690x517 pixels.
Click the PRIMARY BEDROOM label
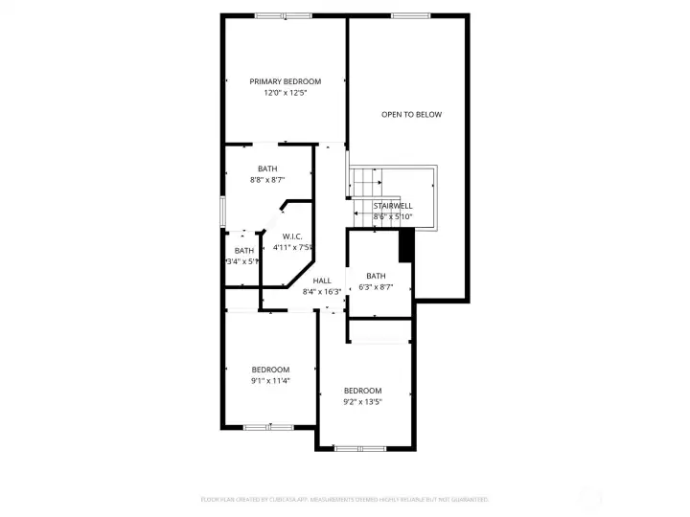coord(285,81)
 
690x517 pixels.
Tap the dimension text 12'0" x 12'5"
coord(285,93)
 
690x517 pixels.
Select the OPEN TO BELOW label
coord(411,115)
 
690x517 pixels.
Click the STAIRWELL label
coord(393,206)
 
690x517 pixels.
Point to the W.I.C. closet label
coord(292,236)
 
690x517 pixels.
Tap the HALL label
coord(322,281)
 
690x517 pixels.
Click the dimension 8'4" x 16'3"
coord(322,291)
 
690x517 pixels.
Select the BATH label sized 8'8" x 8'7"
coord(267,169)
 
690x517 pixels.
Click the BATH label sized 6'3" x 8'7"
coord(376,276)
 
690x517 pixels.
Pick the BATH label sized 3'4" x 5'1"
coord(244,250)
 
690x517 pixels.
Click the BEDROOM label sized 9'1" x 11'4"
coord(270,370)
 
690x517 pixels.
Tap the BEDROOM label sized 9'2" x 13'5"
coord(363,391)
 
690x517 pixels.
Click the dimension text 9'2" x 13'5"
coord(363,402)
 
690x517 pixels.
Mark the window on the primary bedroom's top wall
coord(283,15)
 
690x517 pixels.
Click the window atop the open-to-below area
coord(410,15)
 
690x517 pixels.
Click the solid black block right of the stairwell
coord(405,246)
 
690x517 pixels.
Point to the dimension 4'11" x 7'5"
coord(292,247)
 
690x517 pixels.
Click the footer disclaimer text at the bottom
coord(344,499)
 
